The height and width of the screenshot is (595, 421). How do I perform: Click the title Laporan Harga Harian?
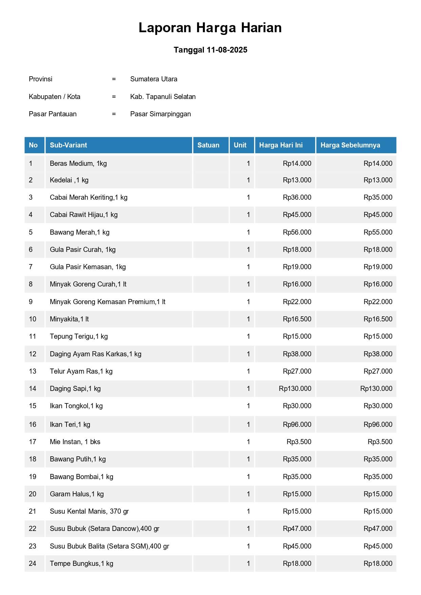pyautogui.click(x=210, y=28)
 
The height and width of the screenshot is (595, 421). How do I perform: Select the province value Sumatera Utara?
pyautogui.click(x=154, y=79)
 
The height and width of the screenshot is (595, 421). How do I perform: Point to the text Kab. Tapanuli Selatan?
pyautogui.click(x=163, y=97)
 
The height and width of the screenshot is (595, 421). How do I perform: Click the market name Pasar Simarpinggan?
pyautogui.click(x=160, y=114)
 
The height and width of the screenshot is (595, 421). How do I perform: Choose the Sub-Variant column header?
pyautogui.click(x=69, y=145)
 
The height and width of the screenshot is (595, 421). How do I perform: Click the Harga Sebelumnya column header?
pyautogui.click(x=350, y=145)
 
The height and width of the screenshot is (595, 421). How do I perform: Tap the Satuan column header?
pyautogui.click(x=208, y=145)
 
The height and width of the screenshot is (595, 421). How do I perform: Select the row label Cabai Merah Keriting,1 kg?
pyautogui.click(x=89, y=197)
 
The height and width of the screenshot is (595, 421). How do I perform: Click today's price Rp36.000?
pyautogui.click(x=297, y=197)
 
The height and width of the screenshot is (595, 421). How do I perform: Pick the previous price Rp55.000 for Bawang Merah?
pyautogui.click(x=378, y=232)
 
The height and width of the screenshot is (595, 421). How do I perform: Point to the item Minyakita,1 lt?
pyautogui.click(x=69, y=319)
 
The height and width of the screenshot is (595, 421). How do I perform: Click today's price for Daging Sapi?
pyautogui.click(x=295, y=389)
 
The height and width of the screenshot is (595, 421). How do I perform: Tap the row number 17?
pyautogui.click(x=33, y=442)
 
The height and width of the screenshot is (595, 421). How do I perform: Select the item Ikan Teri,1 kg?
pyautogui.click(x=70, y=424)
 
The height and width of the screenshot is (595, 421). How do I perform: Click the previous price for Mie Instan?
pyautogui.click(x=380, y=442)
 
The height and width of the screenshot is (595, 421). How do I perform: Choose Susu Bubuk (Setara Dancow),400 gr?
pyautogui.click(x=104, y=529)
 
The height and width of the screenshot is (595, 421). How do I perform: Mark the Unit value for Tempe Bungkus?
pyautogui.click(x=248, y=563)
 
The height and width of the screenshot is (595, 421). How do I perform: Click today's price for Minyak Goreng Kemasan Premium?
pyautogui.click(x=297, y=302)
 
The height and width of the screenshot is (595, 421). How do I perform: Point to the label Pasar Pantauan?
pyautogui.click(x=53, y=114)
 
